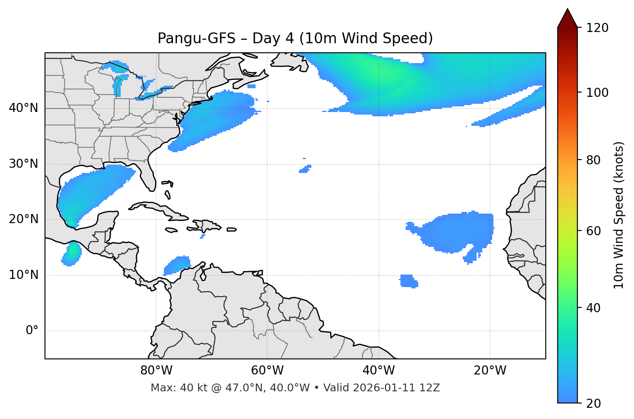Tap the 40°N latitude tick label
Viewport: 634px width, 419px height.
pyautogui.click(x=23, y=108)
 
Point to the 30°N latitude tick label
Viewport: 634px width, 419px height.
pyautogui.click(x=23, y=164)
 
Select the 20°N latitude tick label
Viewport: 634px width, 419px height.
pyautogui.click(x=23, y=219)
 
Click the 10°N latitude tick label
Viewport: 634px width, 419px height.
pyautogui.click(x=23, y=275)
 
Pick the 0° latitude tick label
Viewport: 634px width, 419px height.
pyautogui.click(x=32, y=331)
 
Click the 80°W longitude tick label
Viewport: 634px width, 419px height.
pyautogui.click(x=156, y=371)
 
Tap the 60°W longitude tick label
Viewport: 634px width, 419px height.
pyautogui.click(x=267, y=371)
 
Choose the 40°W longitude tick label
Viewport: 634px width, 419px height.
pyautogui.click(x=378, y=371)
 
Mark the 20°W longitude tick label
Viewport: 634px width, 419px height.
pyautogui.click(x=490, y=371)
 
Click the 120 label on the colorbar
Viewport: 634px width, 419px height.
pyautogui.click(x=598, y=28)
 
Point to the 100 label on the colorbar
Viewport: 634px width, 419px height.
pyautogui.click(x=598, y=93)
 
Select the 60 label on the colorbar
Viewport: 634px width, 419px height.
pyautogui.click(x=595, y=231)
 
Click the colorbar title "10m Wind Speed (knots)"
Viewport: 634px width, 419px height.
pyautogui.click(x=619, y=215)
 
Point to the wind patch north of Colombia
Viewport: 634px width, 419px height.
pyautogui.click(x=177, y=265)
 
